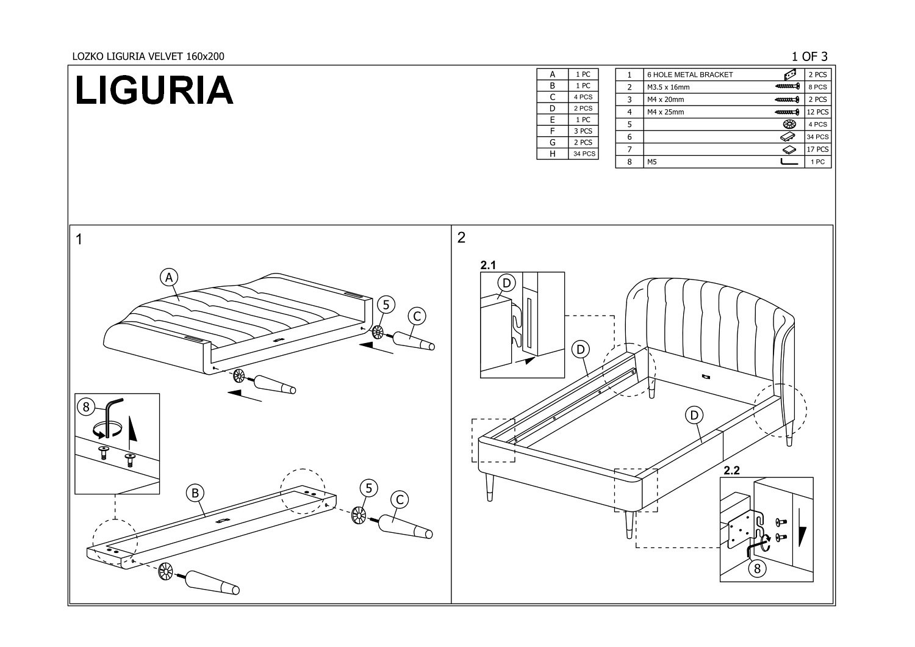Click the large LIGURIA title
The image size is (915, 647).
(154, 90)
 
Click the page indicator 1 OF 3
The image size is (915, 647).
(809, 57)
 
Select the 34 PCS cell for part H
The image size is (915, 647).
(583, 154)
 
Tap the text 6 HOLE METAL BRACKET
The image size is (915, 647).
(690, 75)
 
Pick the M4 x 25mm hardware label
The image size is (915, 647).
(666, 112)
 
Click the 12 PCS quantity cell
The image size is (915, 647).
(817, 112)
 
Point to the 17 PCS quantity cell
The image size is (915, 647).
(817, 150)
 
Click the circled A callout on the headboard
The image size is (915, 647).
(168, 277)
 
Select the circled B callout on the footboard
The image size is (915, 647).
(195, 493)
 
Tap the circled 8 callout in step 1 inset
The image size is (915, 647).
(87, 406)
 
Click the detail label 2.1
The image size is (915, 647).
(489, 265)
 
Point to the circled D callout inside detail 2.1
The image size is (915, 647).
(507, 283)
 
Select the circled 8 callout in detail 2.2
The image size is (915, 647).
(757, 569)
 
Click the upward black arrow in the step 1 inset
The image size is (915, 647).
(132, 431)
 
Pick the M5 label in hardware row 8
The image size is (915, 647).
(651, 162)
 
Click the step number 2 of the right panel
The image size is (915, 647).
(461, 237)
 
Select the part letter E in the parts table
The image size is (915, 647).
(552, 120)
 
